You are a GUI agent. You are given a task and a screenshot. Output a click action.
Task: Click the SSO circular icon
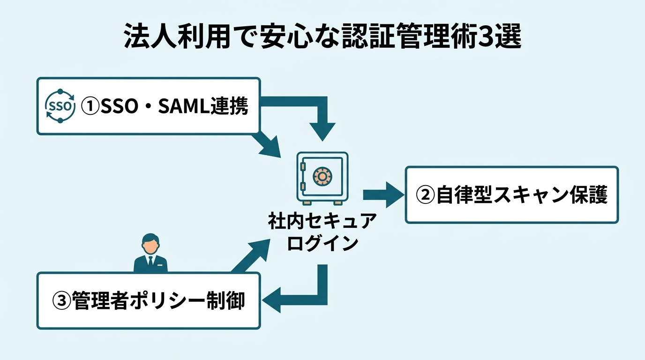click(60, 105)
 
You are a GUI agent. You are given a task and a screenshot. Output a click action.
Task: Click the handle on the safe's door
click(303, 166)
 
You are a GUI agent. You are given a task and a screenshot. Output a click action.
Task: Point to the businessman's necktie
click(150, 262)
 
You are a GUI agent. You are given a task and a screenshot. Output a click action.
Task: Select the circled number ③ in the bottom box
click(61, 300)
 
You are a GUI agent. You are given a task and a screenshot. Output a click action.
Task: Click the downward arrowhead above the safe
click(323, 131)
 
